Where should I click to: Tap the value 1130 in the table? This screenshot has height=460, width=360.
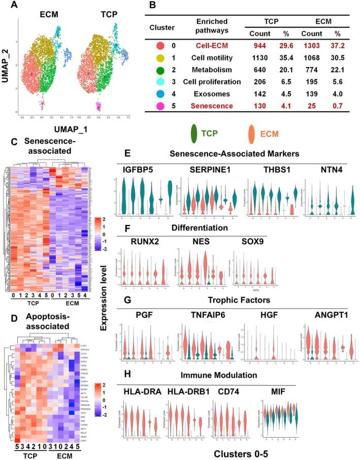(257, 58)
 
